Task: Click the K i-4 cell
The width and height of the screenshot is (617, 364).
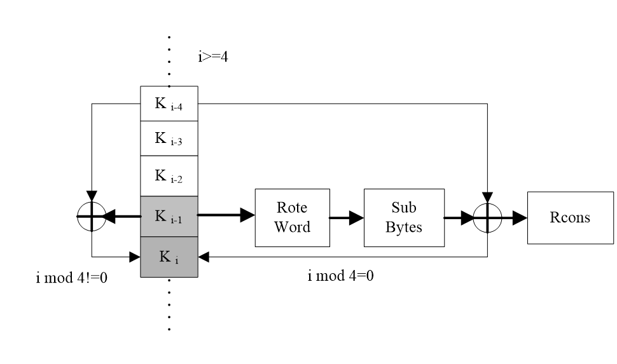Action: pyautogui.click(x=169, y=104)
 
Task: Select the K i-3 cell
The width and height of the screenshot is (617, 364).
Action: pyautogui.click(x=169, y=138)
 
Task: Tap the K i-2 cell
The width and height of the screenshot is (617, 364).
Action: pyautogui.click(x=169, y=176)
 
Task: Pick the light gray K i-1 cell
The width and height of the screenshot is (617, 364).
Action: pyautogui.click(x=169, y=216)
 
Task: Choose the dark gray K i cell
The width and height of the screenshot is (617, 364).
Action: pyautogui.click(x=169, y=257)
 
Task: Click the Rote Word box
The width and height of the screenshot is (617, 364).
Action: pyautogui.click(x=292, y=217)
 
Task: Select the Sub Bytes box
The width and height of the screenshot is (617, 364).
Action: pyautogui.click(x=403, y=217)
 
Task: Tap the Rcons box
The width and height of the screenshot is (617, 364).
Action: pyautogui.click(x=569, y=217)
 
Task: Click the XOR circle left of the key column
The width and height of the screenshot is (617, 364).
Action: pyautogui.click(x=92, y=217)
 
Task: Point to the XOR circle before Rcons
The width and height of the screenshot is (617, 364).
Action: pyautogui.click(x=488, y=217)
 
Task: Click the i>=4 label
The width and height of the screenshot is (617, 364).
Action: pyautogui.click(x=212, y=59)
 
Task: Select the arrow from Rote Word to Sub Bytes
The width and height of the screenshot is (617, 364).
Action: pyautogui.click(x=347, y=217)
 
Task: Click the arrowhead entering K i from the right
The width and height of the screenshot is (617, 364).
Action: pyautogui.click(x=204, y=257)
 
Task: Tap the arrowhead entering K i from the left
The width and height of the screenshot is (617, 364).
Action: pyautogui.click(x=135, y=257)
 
